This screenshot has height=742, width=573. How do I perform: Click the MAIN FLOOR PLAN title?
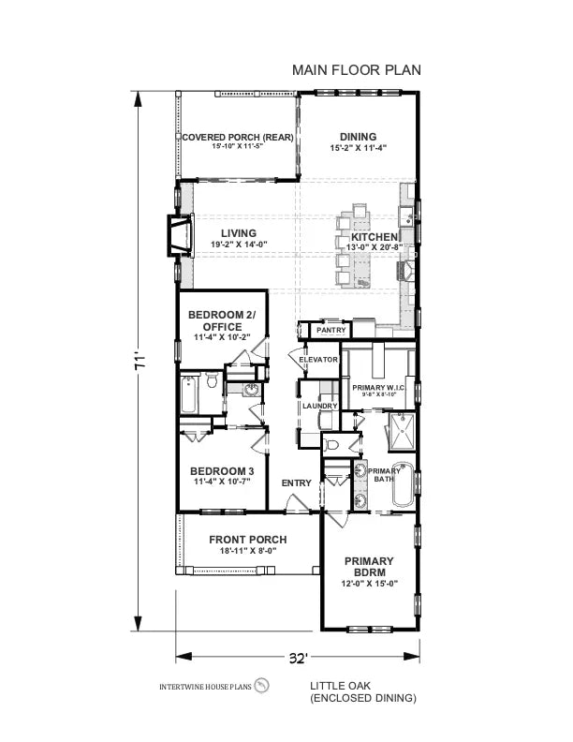click(x=357, y=69)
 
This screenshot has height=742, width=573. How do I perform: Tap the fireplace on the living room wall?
click(x=177, y=235)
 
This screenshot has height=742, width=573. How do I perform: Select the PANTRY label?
click(x=331, y=330)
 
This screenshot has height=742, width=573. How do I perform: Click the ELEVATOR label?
click(x=317, y=360)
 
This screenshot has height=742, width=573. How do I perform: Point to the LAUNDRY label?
click(x=318, y=406)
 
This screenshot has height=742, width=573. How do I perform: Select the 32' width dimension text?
click(x=297, y=658)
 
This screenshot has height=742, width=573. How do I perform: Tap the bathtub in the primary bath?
click(x=403, y=484)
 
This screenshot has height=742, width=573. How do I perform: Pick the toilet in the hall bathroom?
click(x=212, y=382)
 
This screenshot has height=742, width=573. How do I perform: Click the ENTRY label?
click(x=296, y=482)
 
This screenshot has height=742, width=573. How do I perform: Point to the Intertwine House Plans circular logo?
click(x=262, y=688)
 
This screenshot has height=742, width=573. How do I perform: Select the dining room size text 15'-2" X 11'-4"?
click(x=358, y=148)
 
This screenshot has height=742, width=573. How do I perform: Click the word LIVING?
click(x=239, y=233)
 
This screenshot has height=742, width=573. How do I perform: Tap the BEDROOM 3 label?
click(x=222, y=470)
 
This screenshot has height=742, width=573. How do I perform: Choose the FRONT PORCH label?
click(x=247, y=540)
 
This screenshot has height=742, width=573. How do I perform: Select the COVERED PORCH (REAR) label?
click(x=237, y=138)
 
